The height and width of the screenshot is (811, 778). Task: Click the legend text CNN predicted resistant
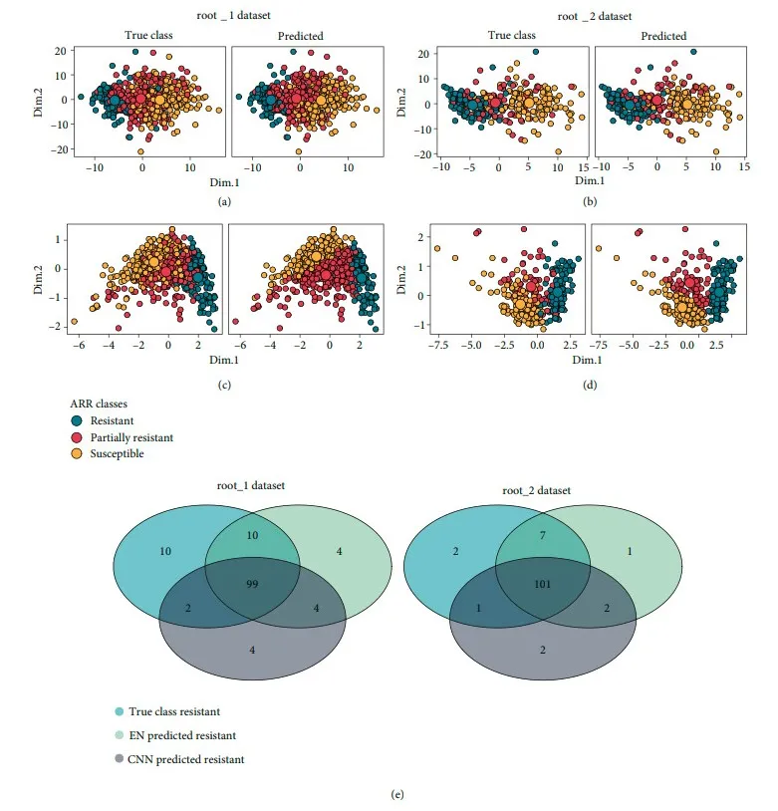pyautogui.click(x=186, y=759)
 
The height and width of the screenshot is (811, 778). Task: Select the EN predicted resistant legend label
pyautogui.click(x=182, y=735)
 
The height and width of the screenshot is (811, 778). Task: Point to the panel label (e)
pyautogui.click(x=397, y=794)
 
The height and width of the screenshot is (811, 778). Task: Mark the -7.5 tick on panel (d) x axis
pyautogui.click(x=436, y=345)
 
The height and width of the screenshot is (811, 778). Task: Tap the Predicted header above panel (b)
pyautogui.click(x=663, y=36)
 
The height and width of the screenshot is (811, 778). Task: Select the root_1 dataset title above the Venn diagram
pyautogui.click(x=251, y=485)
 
